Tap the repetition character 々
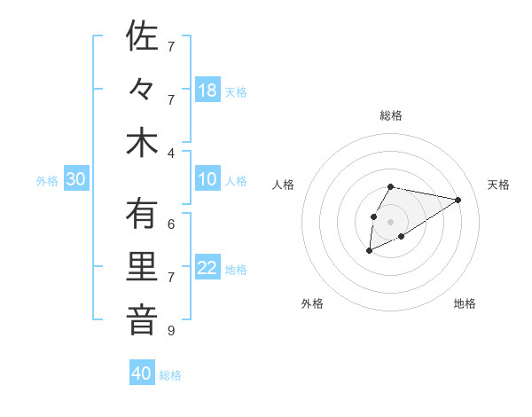tap(142, 90)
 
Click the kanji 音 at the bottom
tap(142, 321)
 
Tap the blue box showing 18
tap(207, 90)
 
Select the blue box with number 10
tap(207, 179)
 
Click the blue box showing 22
tap(207, 268)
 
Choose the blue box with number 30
tap(76, 179)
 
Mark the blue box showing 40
tap(142, 374)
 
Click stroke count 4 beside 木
tap(171, 153)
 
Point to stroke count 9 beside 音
tap(171, 331)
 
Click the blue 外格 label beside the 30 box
tap(47, 180)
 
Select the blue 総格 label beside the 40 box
tap(170, 374)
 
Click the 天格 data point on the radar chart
tap(458, 200)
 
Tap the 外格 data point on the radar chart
tap(369, 252)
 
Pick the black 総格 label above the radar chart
tap(390, 115)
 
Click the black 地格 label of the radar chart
tap(465, 303)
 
